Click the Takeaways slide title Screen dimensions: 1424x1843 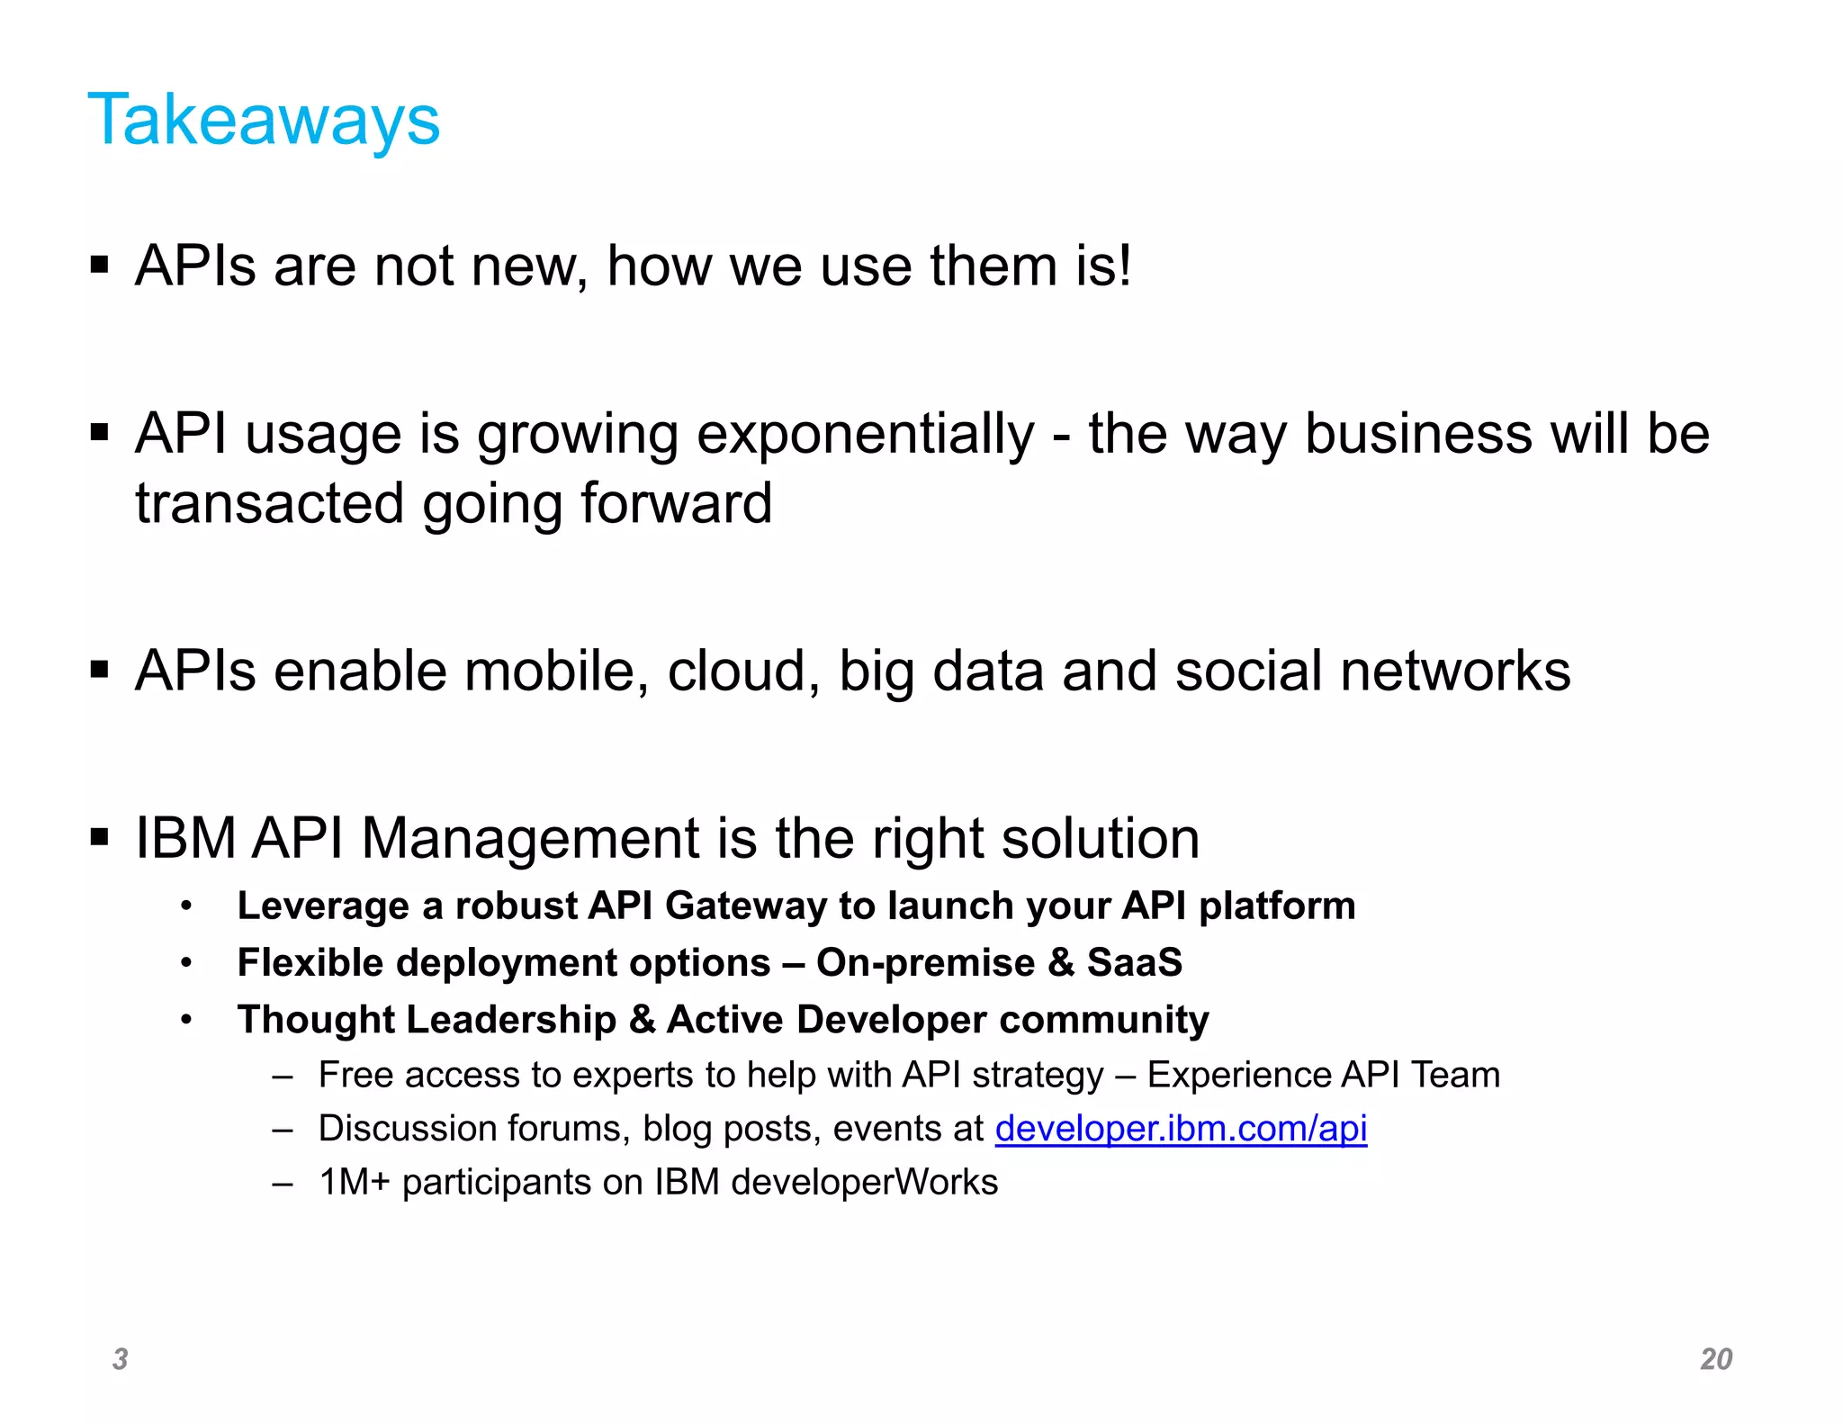264,120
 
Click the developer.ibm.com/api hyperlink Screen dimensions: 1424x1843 1180,1128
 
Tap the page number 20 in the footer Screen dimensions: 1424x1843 1715,1358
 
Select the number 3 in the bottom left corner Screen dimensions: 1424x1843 120,1358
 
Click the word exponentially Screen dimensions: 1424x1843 865,435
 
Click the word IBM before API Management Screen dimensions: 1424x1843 185,838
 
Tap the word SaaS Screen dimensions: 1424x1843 1134,962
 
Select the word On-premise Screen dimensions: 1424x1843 925,962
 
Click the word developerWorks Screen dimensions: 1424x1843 864,1182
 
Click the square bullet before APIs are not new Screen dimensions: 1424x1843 99,266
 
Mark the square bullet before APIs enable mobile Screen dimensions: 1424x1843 99,670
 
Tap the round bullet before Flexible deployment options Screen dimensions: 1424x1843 186,963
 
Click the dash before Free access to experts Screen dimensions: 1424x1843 283,1076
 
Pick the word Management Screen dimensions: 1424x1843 529,838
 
